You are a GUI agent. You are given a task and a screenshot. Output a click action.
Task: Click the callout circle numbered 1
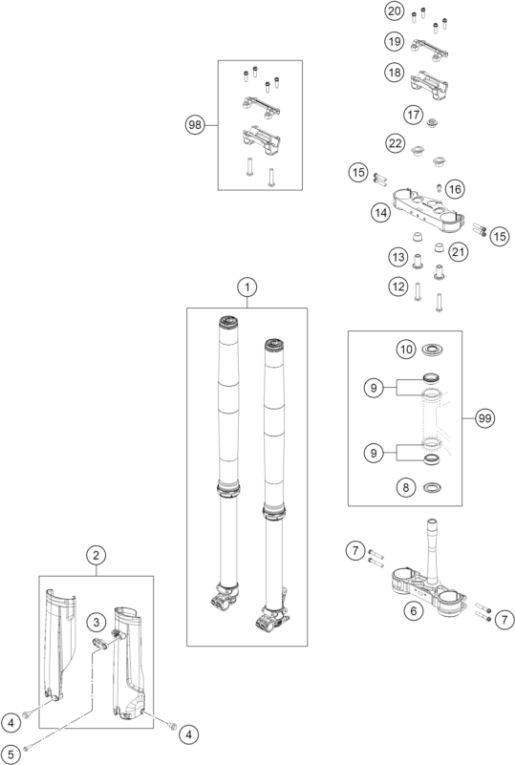tap(247, 287)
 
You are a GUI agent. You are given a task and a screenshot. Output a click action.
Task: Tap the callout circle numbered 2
tap(96, 555)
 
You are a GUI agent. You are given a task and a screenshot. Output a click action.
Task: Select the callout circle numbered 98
tap(195, 125)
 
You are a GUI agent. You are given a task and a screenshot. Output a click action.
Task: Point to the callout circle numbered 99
tap(484, 418)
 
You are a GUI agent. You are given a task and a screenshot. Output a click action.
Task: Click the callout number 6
tap(414, 611)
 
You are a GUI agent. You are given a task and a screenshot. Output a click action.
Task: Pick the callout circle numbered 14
tap(381, 212)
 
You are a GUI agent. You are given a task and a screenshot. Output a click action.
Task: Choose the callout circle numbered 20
tap(395, 11)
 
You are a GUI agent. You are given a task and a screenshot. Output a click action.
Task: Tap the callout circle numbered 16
tap(455, 189)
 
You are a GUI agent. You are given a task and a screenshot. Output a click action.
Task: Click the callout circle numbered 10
tap(406, 350)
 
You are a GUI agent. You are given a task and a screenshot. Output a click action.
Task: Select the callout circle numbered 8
tap(406, 487)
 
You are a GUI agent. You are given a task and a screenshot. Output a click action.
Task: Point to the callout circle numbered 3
tap(97, 622)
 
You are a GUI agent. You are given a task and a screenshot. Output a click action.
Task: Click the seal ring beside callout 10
tap(432, 350)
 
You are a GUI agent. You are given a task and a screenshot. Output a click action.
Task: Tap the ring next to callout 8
tap(432, 487)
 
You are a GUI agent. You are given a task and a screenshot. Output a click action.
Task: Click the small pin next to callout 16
tap(439, 188)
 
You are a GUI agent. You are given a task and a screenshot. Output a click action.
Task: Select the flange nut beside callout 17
tap(432, 123)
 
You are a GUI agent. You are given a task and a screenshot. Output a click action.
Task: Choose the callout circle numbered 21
tap(458, 252)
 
